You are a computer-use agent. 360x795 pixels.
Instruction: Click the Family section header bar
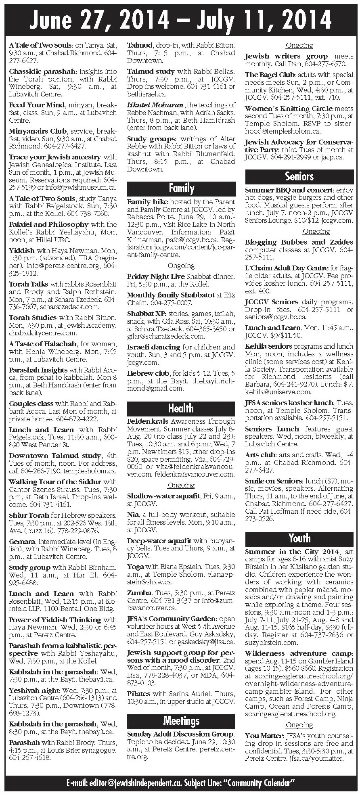[181, 188]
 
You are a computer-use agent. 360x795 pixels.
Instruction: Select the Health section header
[181, 408]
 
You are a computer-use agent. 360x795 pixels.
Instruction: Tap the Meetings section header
[181, 720]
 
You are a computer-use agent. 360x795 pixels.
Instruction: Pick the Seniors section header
[299, 176]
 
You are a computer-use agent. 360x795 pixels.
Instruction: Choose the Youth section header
[299, 538]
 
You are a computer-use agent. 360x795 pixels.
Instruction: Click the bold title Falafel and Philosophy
[48, 224]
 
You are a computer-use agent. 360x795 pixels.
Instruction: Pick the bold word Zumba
[139, 593]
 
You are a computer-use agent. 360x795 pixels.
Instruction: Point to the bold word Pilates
[139, 693]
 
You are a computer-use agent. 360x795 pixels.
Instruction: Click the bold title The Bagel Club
[270, 75]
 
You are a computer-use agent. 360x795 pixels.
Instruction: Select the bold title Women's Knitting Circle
[289, 109]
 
